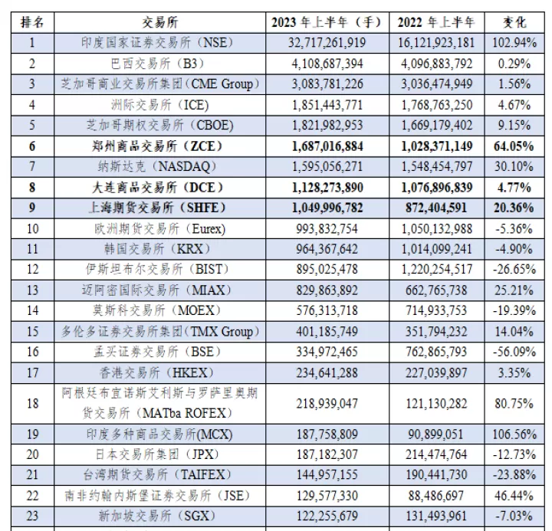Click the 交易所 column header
[x=159, y=22]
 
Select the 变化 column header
[x=514, y=22]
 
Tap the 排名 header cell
[x=32, y=22]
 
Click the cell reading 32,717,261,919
[x=327, y=43]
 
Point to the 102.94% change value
[x=514, y=43]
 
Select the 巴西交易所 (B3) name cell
[x=158, y=64]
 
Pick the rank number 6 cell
[x=32, y=146]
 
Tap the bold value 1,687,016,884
[x=327, y=146]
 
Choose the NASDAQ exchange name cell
[x=157, y=166]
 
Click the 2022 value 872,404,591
[x=436, y=208]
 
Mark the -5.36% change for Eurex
[x=514, y=229]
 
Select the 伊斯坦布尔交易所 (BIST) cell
[x=158, y=270]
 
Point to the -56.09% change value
[x=514, y=352]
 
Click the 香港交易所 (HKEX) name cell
[x=157, y=373]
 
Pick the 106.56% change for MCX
[x=514, y=434]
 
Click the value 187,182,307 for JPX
[x=327, y=454]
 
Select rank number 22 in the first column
[x=32, y=496]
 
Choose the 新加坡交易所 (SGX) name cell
[x=157, y=516]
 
